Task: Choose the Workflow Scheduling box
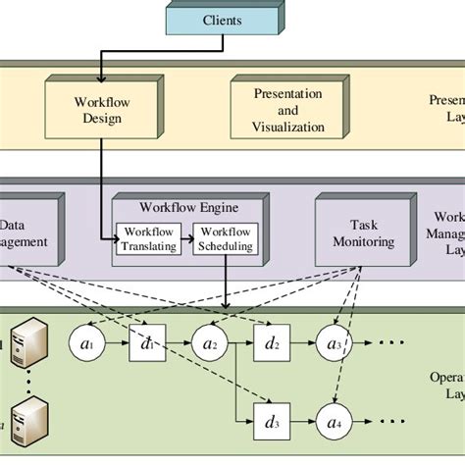pyautogui.click(x=225, y=239)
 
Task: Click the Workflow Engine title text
pyautogui.click(x=188, y=208)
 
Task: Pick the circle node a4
pyautogui.click(x=333, y=423)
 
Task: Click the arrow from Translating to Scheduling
pyautogui.click(x=184, y=239)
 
